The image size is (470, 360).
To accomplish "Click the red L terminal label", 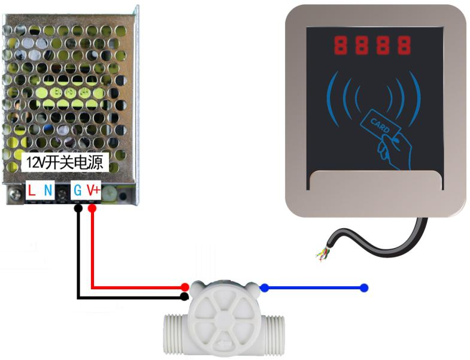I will pos(32,191).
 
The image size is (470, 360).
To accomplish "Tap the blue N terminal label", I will pos(48,191).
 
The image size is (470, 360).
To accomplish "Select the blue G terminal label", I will pos(78,191).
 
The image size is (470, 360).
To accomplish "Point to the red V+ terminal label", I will pos(93,191).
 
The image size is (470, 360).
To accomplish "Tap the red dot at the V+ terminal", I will pos(92,208).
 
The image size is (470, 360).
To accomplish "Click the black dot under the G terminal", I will pos(78,208).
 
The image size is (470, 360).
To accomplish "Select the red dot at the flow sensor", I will pos(186,288).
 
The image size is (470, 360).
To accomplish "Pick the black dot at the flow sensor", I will pos(185,297).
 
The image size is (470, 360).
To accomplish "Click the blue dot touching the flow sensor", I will pos(264,288).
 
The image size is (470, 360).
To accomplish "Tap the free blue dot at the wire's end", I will pos(364,288).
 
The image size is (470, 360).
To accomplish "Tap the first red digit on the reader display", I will pos(341,45).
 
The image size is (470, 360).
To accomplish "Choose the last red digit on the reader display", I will pos(405,45).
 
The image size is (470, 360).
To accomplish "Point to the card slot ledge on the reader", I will pos(375,179).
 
